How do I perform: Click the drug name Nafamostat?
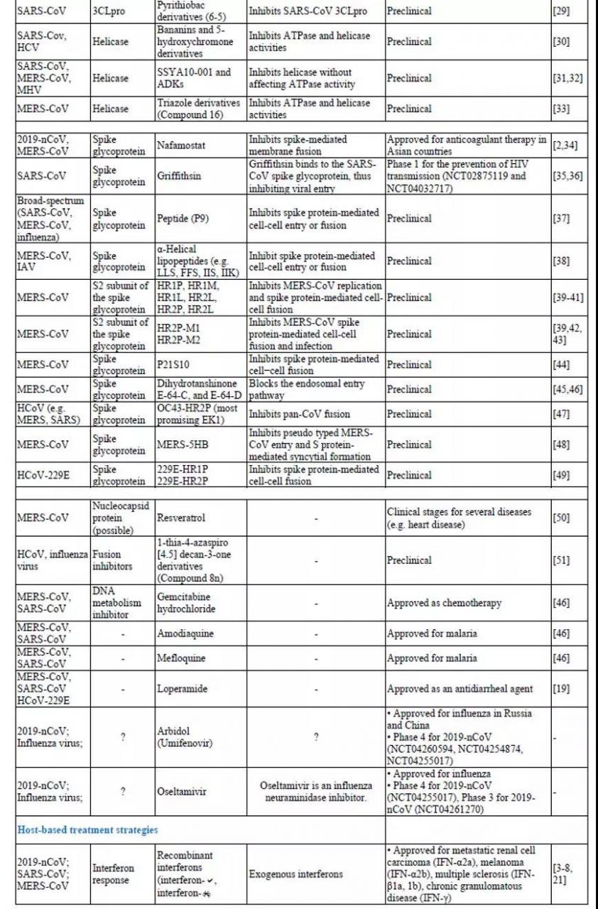click(x=182, y=145)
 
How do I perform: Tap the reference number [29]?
click(x=561, y=11)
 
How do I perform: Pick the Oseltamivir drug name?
click(x=182, y=791)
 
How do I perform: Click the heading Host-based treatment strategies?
click(x=87, y=829)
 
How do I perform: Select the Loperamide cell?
click(x=183, y=689)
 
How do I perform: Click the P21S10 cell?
click(x=175, y=364)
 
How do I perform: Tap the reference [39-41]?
click(x=568, y=297)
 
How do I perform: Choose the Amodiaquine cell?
click(x=185, y=633)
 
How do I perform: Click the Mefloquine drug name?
click(x=182, y=658)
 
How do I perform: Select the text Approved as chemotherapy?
click(x=444, y=603)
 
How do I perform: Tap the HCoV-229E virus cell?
click(x=44, y=475)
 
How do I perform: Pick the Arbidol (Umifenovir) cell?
click(x=186, y=736)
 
